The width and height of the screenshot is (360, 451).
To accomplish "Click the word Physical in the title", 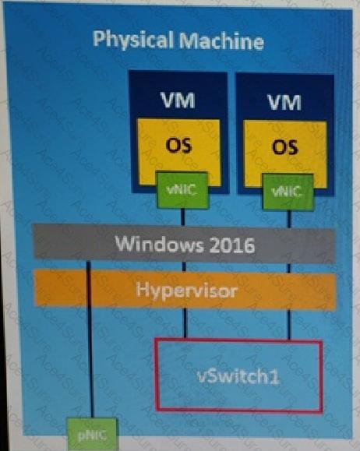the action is tap(133, 41).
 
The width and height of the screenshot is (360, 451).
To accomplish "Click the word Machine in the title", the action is tap(221, 41).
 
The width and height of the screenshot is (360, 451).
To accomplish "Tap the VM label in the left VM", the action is tap(178, 100).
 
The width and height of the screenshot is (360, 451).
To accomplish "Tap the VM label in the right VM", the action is tap(284, 102).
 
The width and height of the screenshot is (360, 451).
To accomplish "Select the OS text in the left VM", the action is tap(178, 145).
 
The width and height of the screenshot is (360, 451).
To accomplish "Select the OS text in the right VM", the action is tap(285, 147).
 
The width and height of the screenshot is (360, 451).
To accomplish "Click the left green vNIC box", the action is tap(182, 190).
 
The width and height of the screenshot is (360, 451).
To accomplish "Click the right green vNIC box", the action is tap(288, 192).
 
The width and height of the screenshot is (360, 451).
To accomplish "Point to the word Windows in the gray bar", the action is tap(159, 244).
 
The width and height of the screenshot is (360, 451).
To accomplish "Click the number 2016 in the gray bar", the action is tap(231, 245).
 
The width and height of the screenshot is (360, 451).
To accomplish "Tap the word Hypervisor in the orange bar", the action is tap(186, 291).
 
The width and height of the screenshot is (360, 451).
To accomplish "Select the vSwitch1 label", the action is tap(238, 375).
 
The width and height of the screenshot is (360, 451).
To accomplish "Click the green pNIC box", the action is tap(93, 434).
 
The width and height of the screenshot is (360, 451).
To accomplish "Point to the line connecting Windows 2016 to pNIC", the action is tap(90, 340).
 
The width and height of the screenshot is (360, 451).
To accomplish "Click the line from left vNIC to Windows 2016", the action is tap(183, 217).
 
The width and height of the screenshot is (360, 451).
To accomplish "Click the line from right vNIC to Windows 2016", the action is tap(289, 219).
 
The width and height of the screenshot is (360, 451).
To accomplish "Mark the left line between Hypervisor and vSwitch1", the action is tap(185, 322).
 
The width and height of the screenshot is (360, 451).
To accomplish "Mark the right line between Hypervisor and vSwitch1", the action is tap(289, 325).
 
